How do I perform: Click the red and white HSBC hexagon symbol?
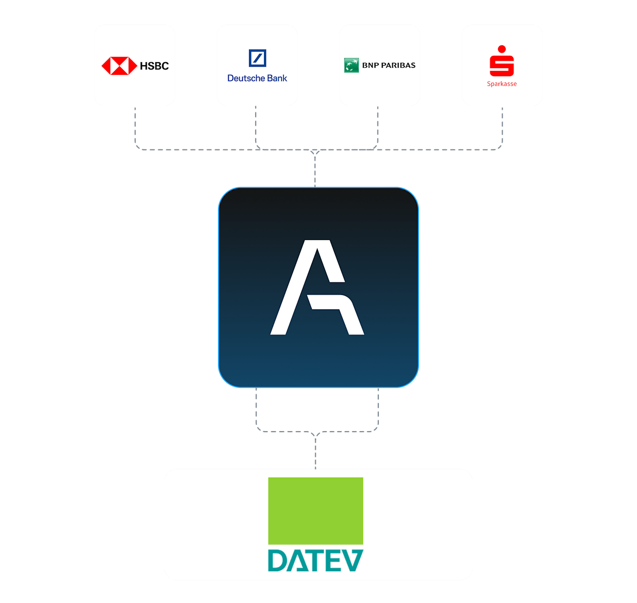coord(119,66)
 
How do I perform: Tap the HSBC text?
coord(154,66)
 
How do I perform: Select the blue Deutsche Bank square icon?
coord(257,58)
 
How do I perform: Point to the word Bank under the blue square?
coord(277,78)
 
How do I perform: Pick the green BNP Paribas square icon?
coord(351,65)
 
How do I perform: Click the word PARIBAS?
coord(398,65)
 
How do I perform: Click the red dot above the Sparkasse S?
coord(502,49)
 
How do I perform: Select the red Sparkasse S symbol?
coord(502,66)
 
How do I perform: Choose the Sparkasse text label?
coord(502,84)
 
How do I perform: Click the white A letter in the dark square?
coord(317,287)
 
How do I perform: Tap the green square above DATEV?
coord(316,511)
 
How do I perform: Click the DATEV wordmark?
coord(316,560)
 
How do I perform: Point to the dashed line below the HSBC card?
coord(135,128)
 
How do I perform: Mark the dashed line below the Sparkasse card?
coord(502,128)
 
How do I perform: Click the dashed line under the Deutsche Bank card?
coord(256,126)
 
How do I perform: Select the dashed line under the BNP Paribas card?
coord(378,126)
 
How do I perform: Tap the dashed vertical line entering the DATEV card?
coord(316,452)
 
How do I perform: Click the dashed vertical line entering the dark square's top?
coord(315,170)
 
